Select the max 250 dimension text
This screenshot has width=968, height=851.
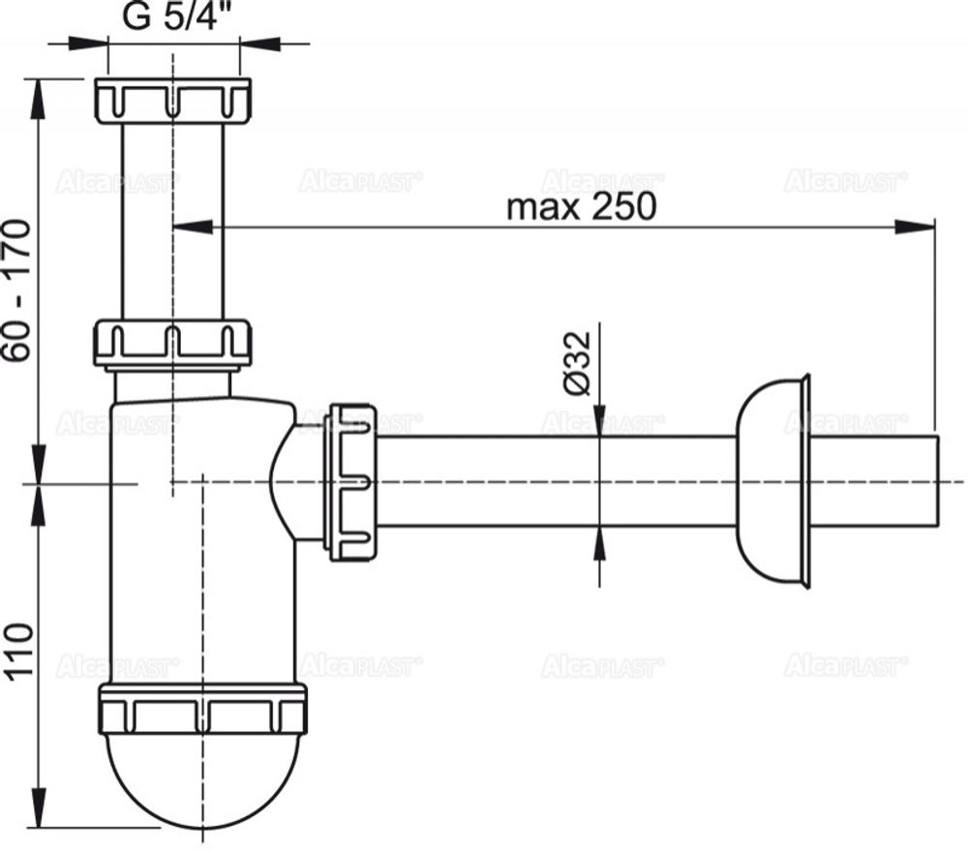pos(582,206)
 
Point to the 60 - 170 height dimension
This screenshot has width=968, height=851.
pos(20,290)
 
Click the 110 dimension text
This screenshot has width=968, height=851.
pos(20,653)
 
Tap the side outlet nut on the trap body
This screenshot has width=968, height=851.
pos(350,482)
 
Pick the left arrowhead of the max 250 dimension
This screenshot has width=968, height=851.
pos(192,228)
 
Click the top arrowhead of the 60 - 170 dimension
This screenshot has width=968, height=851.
pos(39,91)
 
